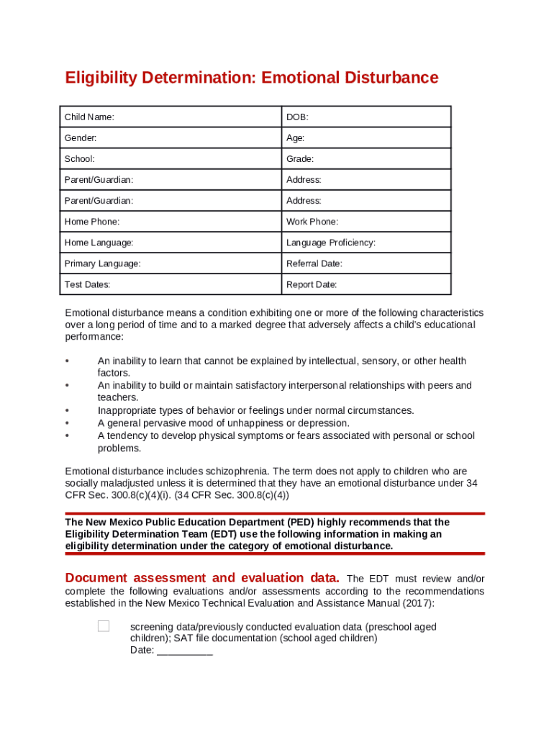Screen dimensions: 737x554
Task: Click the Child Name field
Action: (194, 117)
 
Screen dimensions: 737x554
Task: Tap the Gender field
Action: (187, 137)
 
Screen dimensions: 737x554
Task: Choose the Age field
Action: (374, 137)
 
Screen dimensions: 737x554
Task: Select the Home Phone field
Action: (194, 222)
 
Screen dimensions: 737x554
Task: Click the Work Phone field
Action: (392, 222)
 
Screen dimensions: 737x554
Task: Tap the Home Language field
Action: (201, 243)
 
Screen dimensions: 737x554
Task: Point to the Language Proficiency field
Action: (410, 243)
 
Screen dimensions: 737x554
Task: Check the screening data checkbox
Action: (104, 626)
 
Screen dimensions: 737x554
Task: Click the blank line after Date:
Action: (185, 651)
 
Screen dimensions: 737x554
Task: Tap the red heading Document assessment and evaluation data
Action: (202, 578)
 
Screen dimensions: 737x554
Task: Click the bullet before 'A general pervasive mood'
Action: (67, 423)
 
